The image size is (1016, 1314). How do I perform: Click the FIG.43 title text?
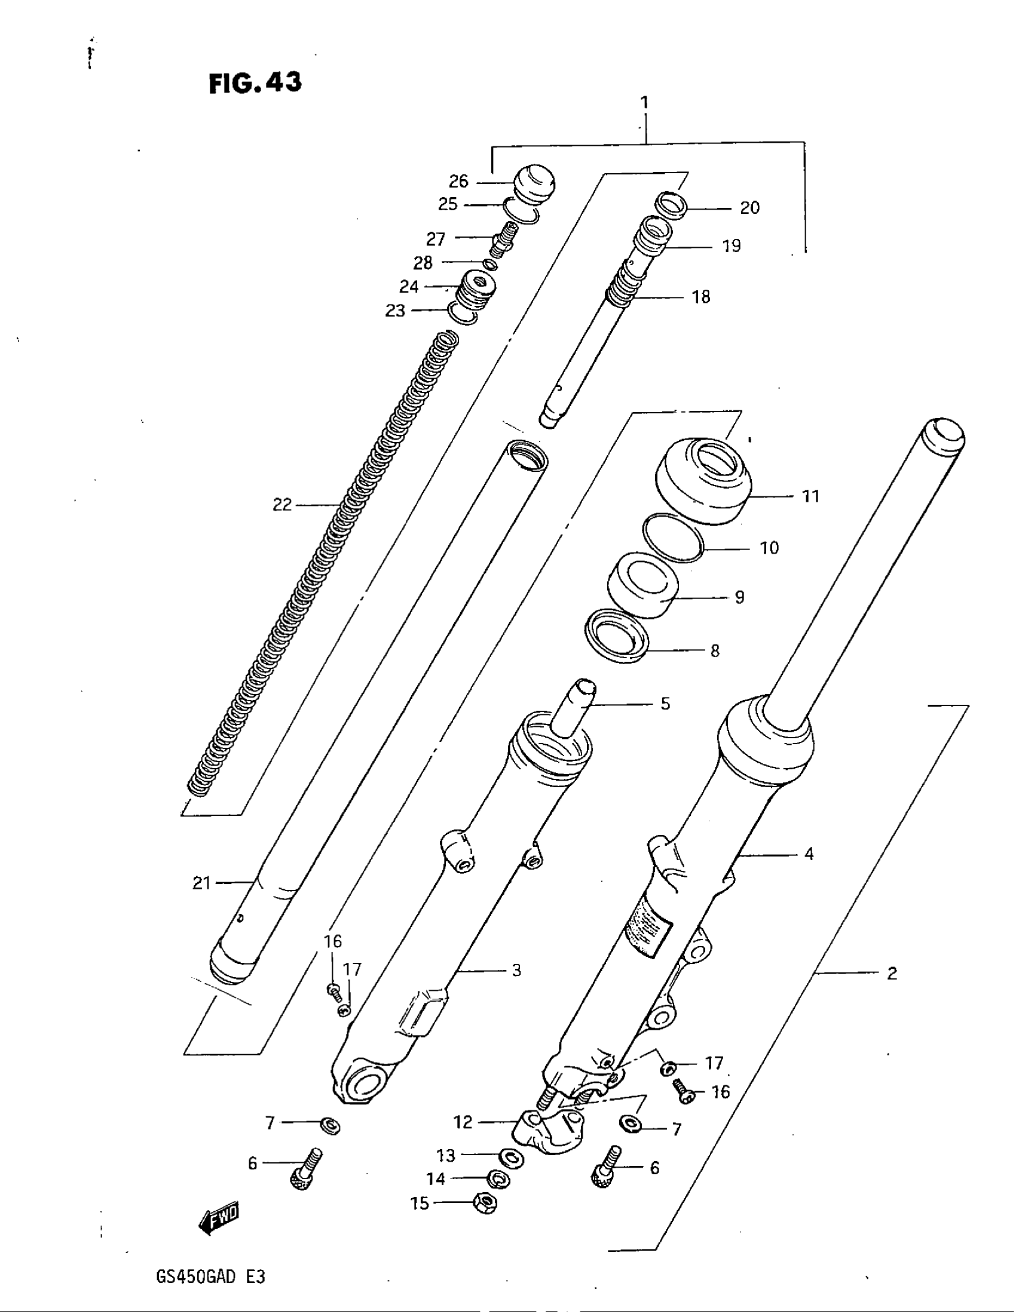point(255,83)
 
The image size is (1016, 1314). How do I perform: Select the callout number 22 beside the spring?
point(282,504)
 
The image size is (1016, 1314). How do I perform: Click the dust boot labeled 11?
point(702,481)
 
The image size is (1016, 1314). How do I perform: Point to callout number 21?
point(201,883)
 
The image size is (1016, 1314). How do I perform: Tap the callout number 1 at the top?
point(645,103)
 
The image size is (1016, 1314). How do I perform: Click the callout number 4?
point(809,854)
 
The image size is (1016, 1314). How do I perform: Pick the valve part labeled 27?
point(503,238)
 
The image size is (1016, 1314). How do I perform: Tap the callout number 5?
point(665,704)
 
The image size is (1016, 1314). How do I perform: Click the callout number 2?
point(892,973)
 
